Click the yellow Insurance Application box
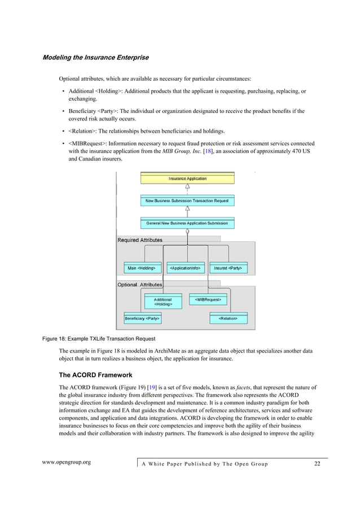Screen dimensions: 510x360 [187, 179]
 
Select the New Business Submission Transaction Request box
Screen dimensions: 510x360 [187, 200]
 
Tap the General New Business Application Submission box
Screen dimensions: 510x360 [187, 224]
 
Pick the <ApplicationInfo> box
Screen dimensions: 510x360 [187, 268]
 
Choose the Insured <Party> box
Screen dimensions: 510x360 [228, 268]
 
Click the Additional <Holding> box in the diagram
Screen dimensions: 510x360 [163, 302]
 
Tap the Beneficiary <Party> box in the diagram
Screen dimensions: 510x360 [142, 319]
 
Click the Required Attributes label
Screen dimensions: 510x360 [139, 240]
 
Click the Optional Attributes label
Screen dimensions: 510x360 [139, 285]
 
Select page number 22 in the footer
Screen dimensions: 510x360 [317, 464]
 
